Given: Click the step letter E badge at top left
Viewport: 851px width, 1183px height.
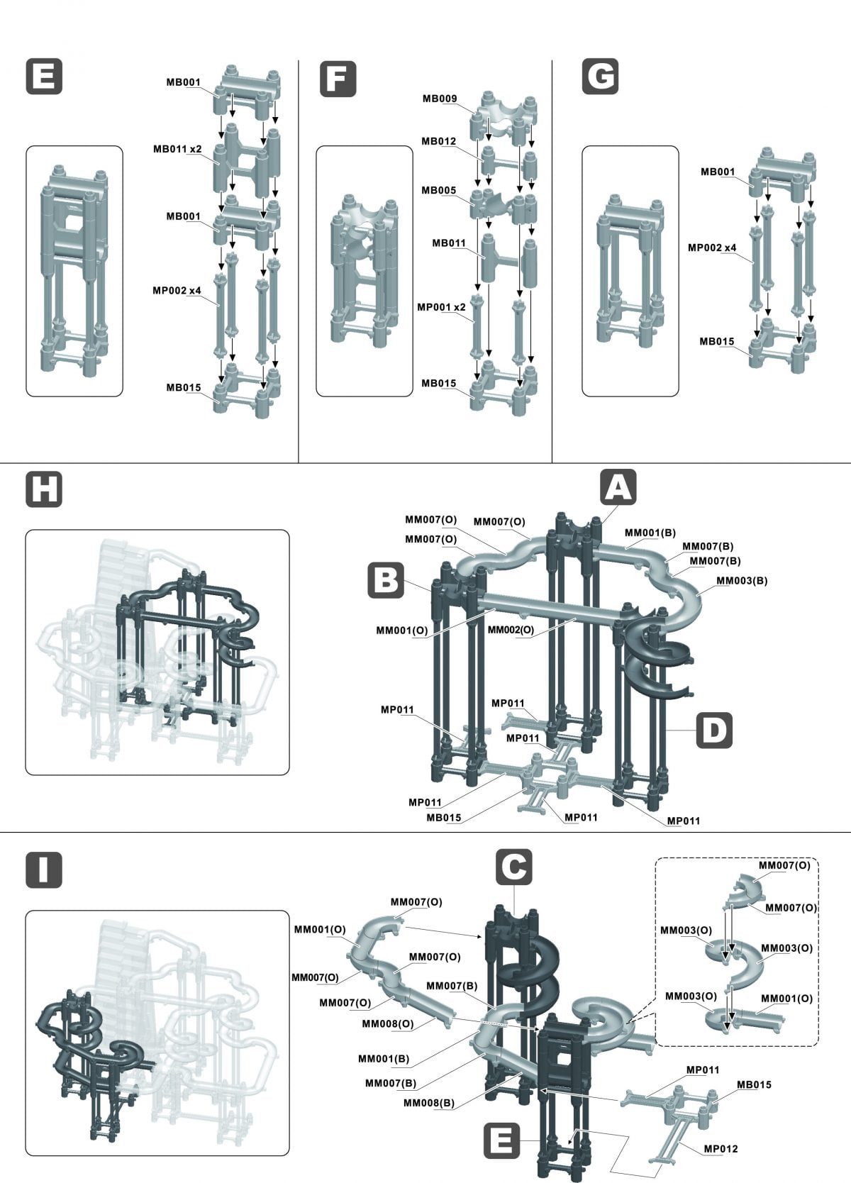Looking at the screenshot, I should coord(44,77).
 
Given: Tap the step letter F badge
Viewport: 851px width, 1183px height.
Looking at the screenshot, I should coord(338,77).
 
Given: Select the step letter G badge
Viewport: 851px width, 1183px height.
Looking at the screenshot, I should coord(600,77).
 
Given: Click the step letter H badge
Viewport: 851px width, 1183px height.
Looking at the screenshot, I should coord(44,489).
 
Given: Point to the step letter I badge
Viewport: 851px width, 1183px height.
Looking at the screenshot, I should coord(44,870).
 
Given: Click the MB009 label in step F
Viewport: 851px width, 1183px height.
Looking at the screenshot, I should coord(440,99).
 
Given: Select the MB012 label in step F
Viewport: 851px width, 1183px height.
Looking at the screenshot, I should coord(438,141).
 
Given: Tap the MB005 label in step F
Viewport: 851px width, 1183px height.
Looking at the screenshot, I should coord(438,190).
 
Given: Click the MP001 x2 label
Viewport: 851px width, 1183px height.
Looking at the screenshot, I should coord(441,307).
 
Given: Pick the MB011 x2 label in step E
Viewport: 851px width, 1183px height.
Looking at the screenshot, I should coord(177,149).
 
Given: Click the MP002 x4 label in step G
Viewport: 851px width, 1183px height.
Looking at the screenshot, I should coord(711,248).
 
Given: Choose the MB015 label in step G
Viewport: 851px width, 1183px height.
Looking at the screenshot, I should coord(717,341).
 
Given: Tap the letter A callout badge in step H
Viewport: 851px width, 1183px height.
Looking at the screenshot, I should coord(618,487).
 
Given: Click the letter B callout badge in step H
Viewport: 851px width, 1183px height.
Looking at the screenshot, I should coord(385,579).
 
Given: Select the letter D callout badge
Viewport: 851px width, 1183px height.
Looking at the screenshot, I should coord(714,730).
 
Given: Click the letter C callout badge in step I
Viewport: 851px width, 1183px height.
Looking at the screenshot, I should coord(513,866).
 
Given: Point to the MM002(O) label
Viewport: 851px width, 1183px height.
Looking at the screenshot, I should coord(511,629).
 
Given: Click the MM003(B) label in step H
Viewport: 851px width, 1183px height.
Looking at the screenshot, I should coord(741,580).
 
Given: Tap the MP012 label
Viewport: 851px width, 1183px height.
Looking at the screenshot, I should coord(721,1148).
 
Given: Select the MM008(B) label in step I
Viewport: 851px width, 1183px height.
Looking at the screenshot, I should coord(429,1103).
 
